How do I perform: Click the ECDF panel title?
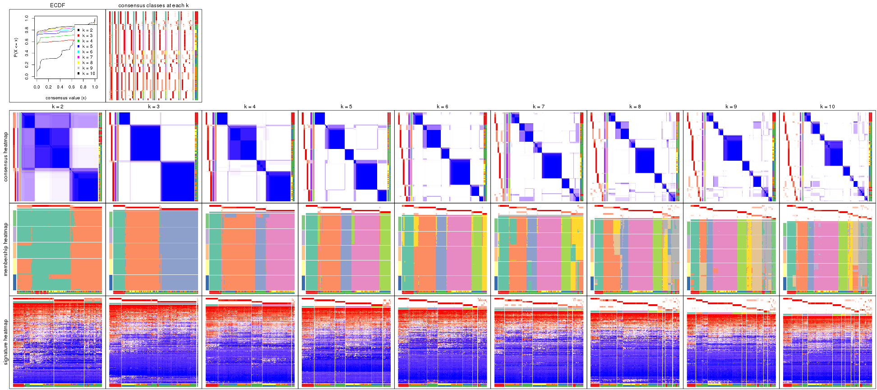tap(57, 5)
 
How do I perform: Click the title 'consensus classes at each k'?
tap(153, 5)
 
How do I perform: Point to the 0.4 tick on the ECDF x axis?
tap(60, 87)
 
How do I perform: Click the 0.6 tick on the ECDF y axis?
tap(27, 42)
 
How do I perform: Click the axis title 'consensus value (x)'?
tap(66, 97)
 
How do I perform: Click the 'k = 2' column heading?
tap(57, 107)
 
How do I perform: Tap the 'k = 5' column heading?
tap(346, 107)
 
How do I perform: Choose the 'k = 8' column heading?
tap(635, 107)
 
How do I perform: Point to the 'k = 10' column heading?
tap(827, 107)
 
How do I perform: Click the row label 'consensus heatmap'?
tap(6, 157)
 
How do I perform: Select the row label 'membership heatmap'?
tap(6, 249)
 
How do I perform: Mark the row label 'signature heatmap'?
tap(6, 342)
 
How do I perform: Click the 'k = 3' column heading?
tap(153, 107)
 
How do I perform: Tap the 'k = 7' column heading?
tap(539, 107)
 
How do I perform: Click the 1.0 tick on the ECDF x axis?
tap(95, 87)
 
